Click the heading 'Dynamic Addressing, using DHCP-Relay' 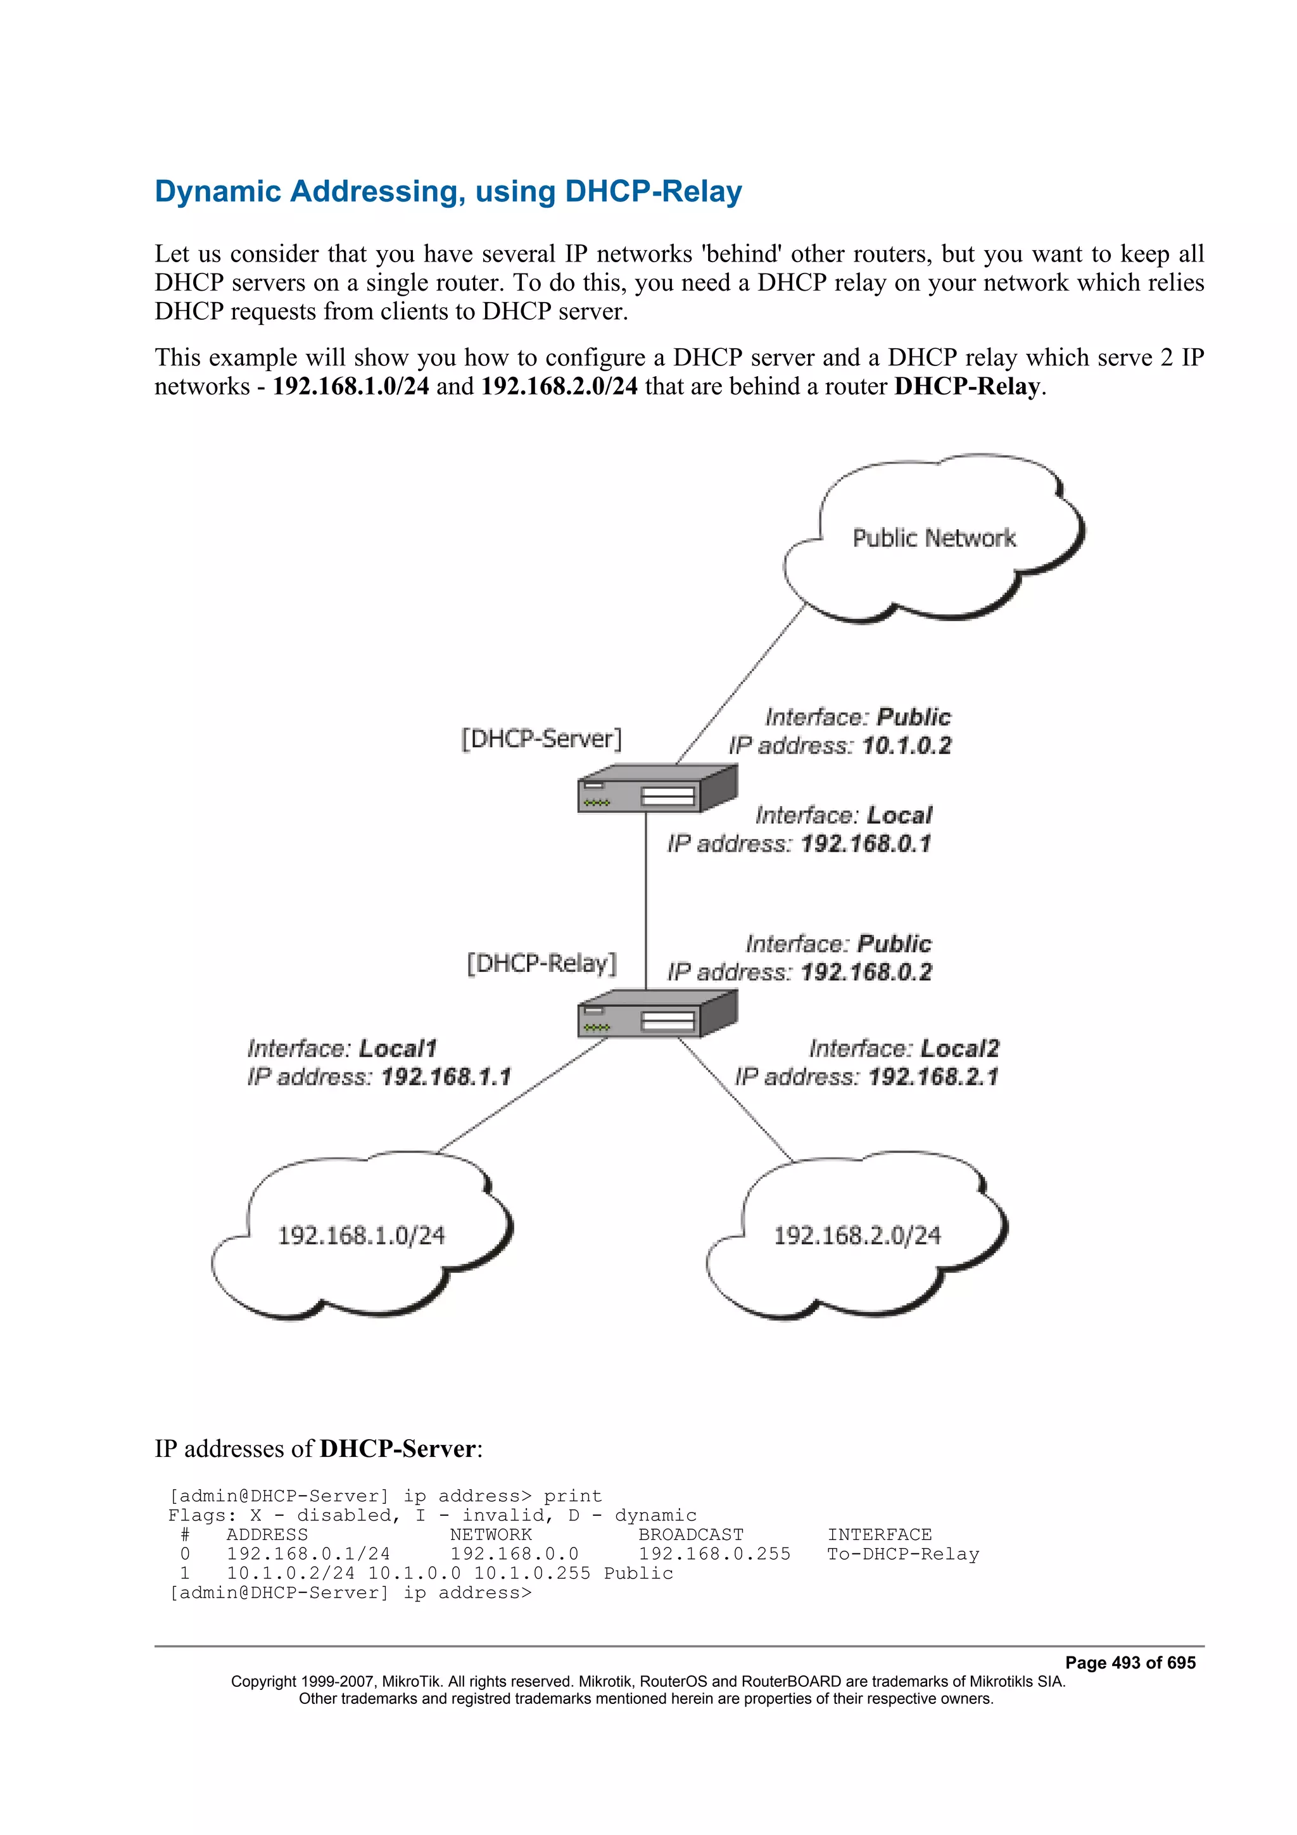448,192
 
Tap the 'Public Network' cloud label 933,538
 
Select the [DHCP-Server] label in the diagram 541,738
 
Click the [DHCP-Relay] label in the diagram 542,963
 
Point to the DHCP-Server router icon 656,789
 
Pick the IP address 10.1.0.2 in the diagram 906,746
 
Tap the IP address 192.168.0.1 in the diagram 866,844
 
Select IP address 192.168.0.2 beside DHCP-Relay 866,973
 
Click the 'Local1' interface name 397,1049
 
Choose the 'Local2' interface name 959,1049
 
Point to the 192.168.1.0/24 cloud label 361,1235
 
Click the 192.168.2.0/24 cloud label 857,1235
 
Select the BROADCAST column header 690,1534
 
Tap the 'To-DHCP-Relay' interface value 902,1554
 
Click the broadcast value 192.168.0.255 714,1554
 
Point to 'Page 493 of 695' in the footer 1129,1662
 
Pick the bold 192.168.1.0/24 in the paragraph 351,386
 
